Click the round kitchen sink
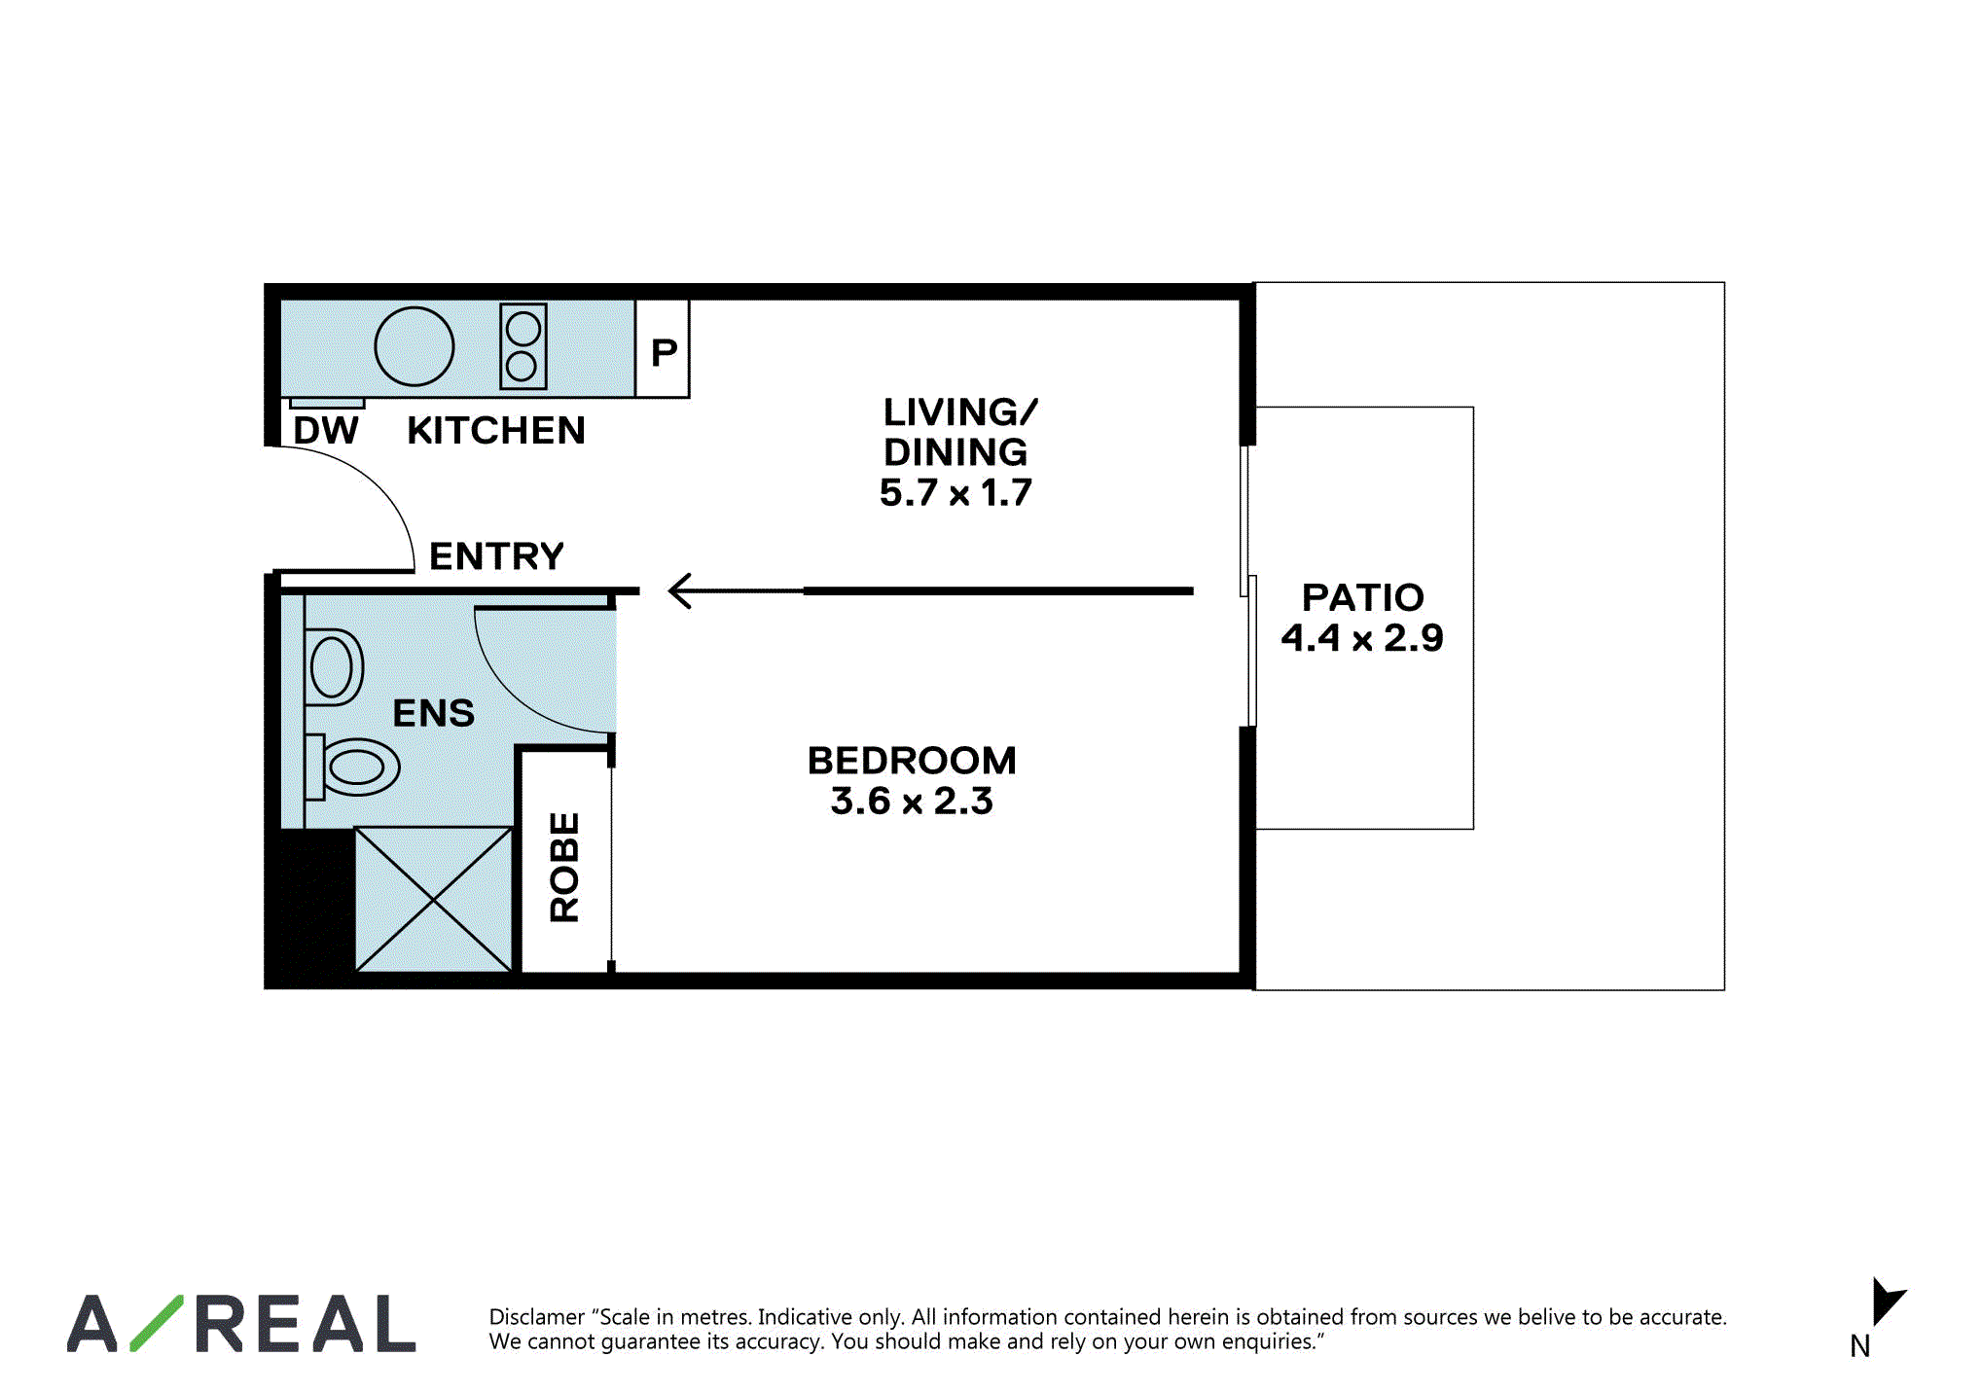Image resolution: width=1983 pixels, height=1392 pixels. [415, 346]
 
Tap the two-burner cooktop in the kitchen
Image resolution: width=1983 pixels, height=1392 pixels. [523, 346]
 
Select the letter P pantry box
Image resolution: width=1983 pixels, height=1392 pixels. [663, 348]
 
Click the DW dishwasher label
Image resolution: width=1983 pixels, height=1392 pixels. [326, 430]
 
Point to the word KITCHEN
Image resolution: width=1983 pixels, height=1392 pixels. [496, 430]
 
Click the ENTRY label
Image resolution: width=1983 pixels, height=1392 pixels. [496, 556]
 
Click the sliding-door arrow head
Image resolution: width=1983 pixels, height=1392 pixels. [680, 590]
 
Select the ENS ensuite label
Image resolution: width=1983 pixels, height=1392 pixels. [434, 713]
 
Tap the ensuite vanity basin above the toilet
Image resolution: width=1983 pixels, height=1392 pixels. [334, 667]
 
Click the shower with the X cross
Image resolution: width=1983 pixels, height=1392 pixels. [434, 899]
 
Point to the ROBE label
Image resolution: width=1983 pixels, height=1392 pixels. [564, 867]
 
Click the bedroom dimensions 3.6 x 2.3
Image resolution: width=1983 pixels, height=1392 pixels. [912, 801]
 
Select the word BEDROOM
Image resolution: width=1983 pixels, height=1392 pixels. [912, 761]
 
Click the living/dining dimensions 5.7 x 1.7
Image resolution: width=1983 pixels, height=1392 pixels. [955, 493]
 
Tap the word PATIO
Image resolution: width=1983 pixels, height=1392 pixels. [1362, 597]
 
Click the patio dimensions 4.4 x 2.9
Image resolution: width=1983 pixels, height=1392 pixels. [1362, 638]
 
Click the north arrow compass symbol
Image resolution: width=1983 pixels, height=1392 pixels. [1886, 1303]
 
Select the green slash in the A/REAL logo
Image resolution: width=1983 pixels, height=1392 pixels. [157, 1323]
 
